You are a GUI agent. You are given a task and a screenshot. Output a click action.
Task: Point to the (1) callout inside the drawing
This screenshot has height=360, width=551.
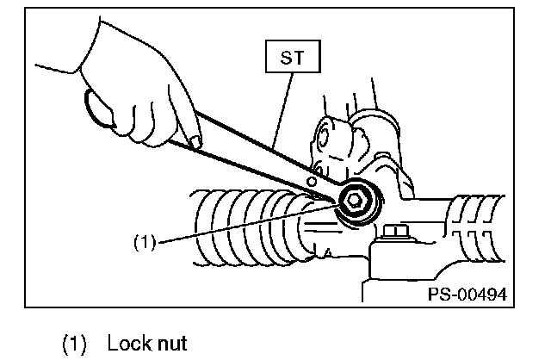pos(144,243)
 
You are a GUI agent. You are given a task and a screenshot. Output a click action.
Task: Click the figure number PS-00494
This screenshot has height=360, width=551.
pos(467,294)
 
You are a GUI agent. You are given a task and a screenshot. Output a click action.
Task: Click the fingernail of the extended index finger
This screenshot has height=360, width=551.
pos(196,141)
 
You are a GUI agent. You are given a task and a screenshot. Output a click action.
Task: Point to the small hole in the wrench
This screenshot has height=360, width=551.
pos(313,181)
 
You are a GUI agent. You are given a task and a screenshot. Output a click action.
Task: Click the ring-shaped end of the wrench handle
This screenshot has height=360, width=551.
pos(100,110)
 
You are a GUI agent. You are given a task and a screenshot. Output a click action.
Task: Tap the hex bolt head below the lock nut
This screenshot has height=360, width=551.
pos(396,233)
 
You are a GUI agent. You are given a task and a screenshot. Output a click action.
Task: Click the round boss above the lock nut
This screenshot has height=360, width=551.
pos(332,138)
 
